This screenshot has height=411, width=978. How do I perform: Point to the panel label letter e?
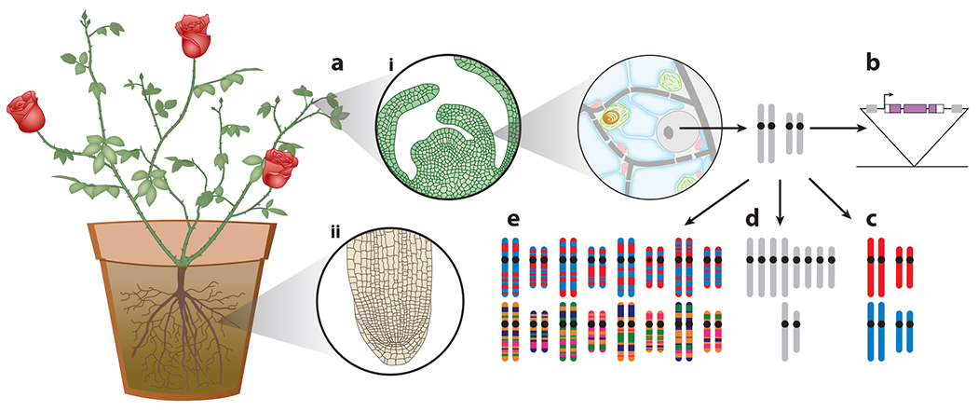coord(511,221)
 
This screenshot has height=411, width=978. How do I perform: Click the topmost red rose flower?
coord(194,34)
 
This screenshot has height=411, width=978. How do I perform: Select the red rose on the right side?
coord(280,167)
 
